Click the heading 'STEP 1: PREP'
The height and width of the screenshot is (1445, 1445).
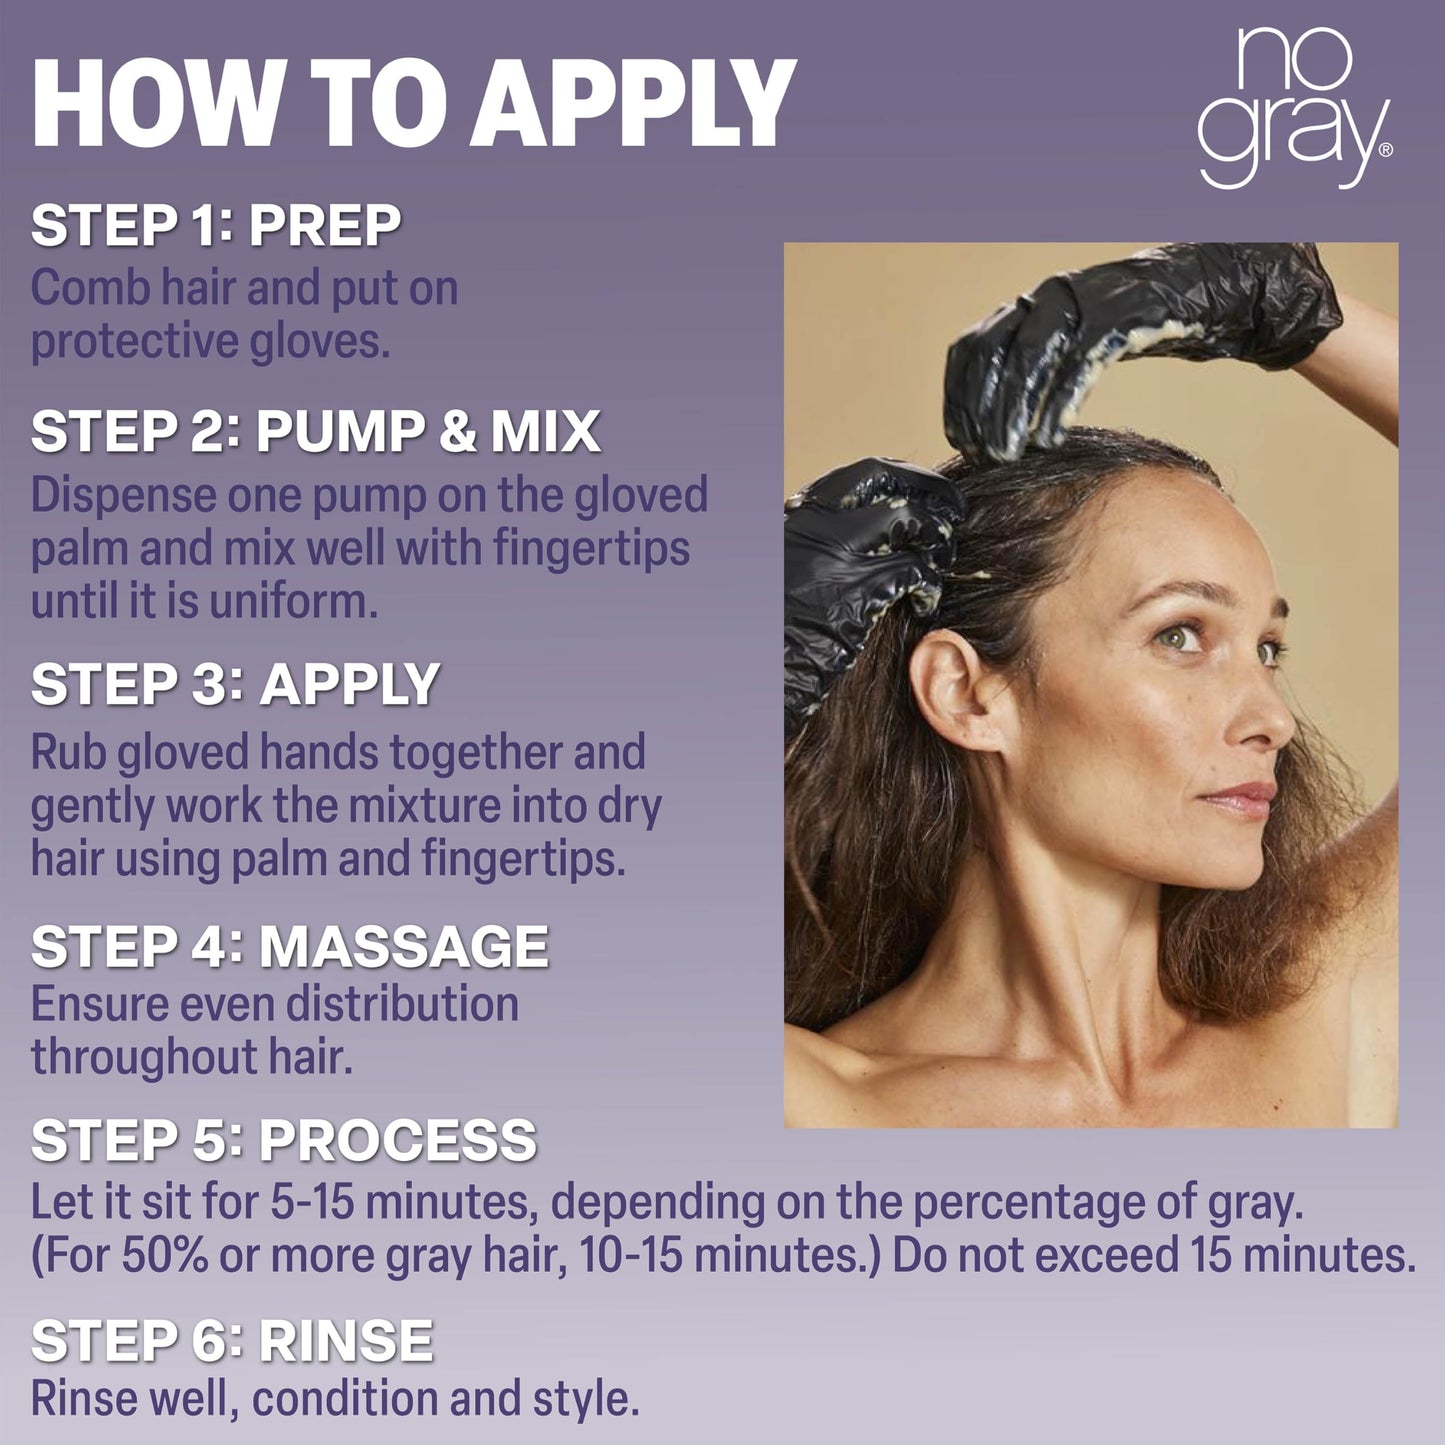click(216, 225)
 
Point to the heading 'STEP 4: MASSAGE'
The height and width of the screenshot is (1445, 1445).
click(289, 946)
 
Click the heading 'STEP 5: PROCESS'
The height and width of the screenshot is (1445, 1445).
click(284, 1140)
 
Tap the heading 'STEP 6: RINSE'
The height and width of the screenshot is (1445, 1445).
click(232, 1340)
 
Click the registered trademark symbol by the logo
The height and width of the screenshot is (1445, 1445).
click(1386, 150)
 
